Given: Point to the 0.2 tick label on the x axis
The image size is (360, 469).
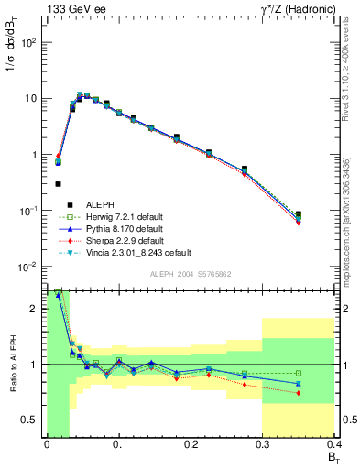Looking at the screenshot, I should pos(191,444).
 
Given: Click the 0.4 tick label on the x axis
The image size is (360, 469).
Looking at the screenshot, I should pos(333,444).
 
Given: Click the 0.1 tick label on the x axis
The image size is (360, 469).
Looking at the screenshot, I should pos(118,444).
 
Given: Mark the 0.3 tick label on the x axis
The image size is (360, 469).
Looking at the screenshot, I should pos(263,444).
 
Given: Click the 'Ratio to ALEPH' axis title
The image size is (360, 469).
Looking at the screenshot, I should pos(11,363).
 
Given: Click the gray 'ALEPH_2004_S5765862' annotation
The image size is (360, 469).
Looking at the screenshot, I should pos(190,275).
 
